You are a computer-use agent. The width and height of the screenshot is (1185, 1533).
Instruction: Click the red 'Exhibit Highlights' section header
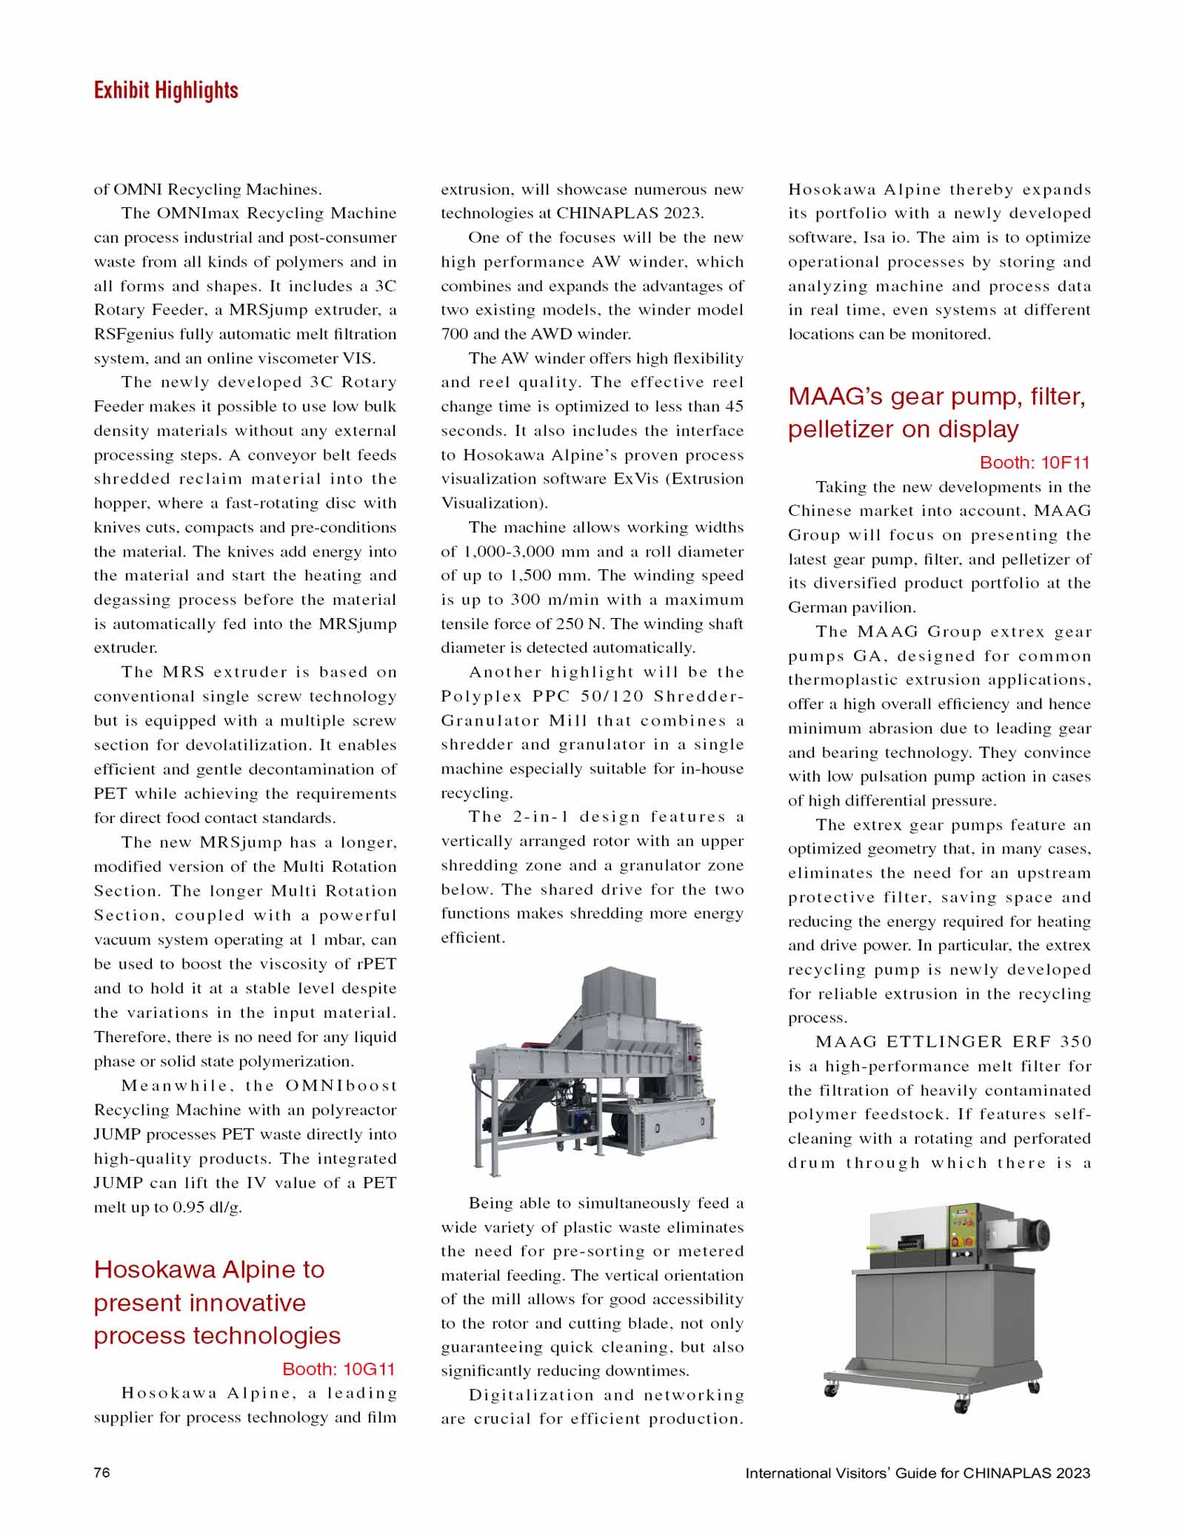coord(166,90)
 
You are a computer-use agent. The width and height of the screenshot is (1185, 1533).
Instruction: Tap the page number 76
coord(101,1472)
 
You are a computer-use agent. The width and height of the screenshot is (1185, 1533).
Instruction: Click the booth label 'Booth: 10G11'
coord(338,1369)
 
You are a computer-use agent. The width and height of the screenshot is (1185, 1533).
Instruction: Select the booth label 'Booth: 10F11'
coord(1035,463)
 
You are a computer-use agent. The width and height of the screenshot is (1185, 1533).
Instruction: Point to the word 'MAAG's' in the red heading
coord(835,397)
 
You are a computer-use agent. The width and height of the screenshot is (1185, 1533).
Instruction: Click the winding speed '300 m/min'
coord(544,600)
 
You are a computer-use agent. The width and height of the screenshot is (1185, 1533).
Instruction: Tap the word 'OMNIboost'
coord(341,1085)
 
